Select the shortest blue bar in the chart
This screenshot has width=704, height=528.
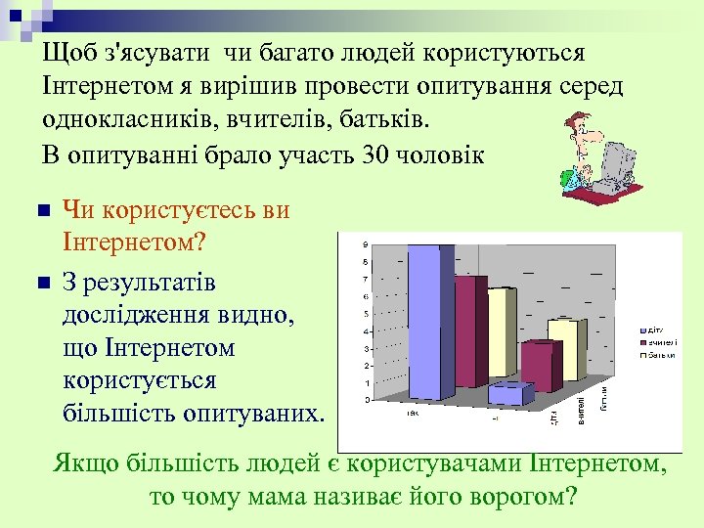pos(507,394)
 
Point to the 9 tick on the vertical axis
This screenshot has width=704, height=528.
pos(366,243)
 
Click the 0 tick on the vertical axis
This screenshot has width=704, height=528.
pos(366,400)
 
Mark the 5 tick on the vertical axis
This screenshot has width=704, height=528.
pos(366,314)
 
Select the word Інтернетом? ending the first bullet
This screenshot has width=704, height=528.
pos(127,240)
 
